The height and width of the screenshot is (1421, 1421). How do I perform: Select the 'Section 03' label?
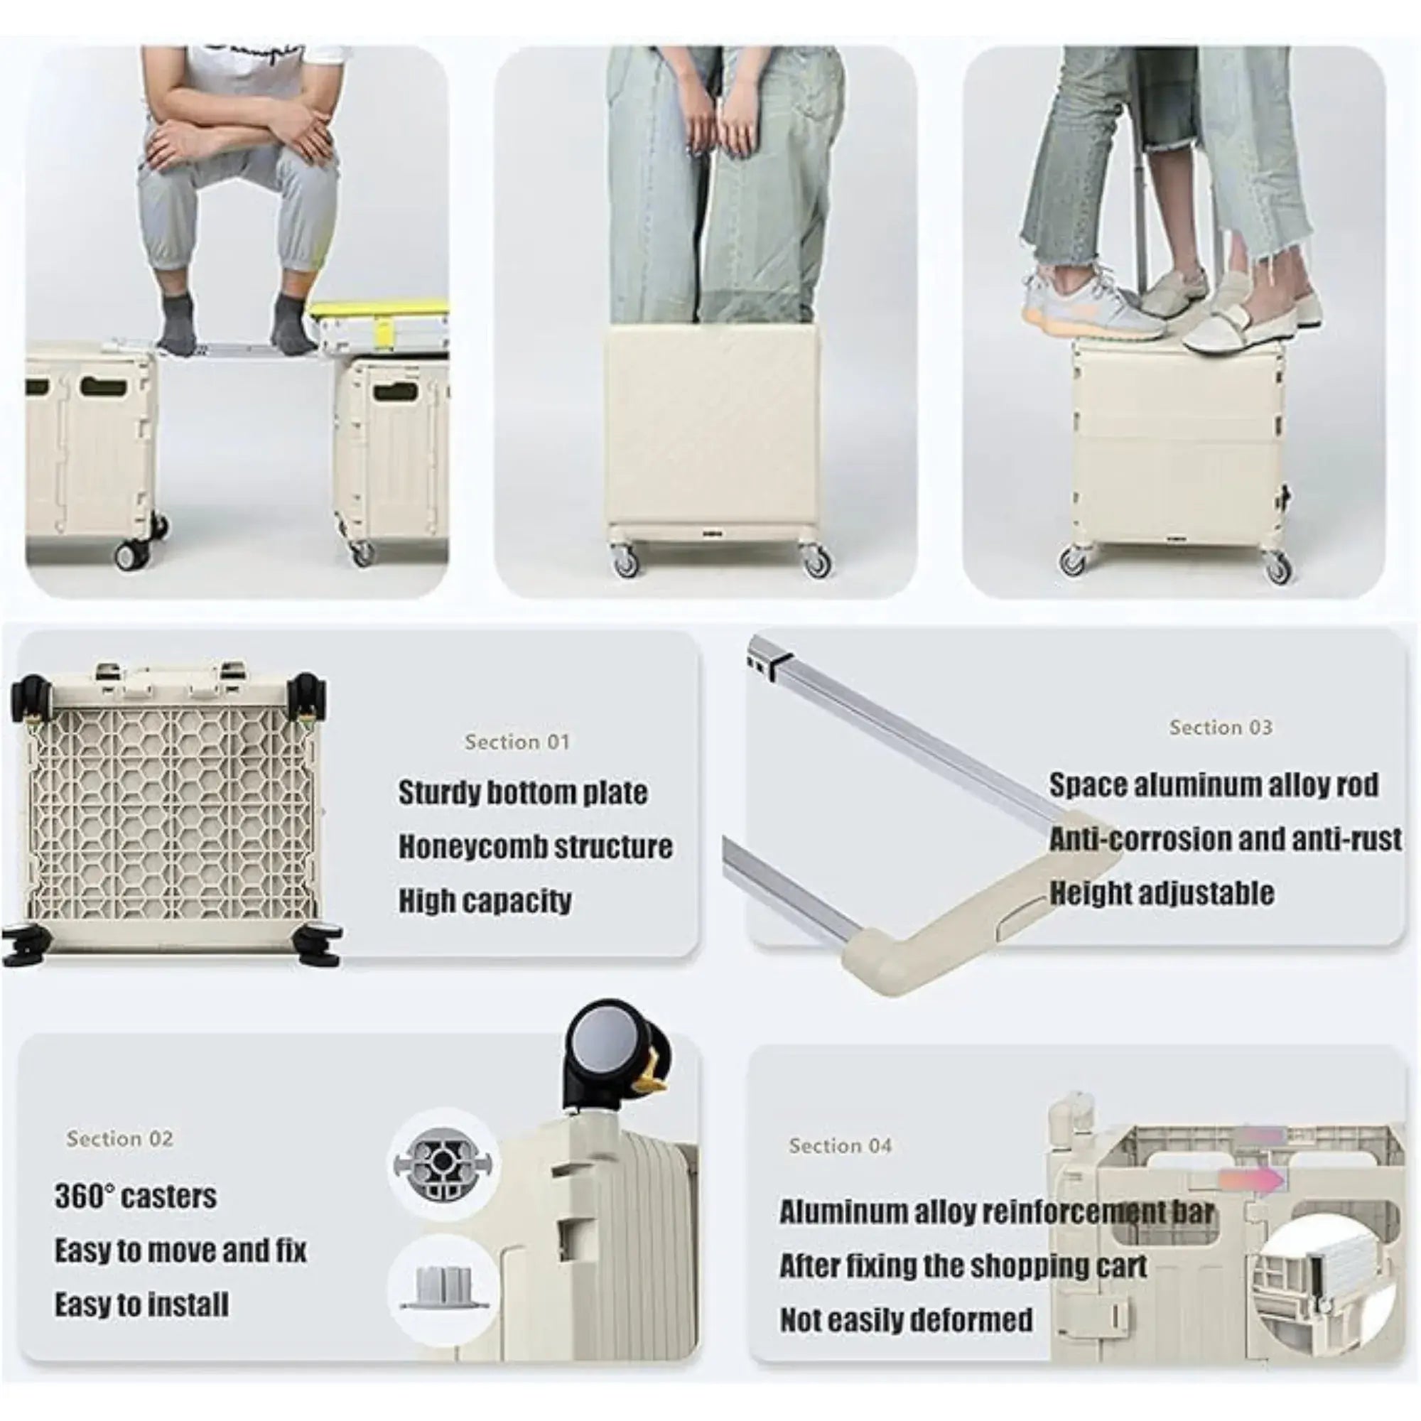coord(1221,728)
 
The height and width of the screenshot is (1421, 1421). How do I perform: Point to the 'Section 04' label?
coord(840,1145)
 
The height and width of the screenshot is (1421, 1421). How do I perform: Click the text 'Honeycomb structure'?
coord(536,847)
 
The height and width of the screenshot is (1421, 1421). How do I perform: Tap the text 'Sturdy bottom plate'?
coord(523,792)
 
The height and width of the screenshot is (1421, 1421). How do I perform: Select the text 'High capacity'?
coord(485,901)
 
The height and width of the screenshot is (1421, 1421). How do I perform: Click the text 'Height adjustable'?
coord(1162,893)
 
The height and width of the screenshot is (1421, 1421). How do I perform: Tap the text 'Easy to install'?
coord(141,1304)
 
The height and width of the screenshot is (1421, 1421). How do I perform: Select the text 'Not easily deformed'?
coord(906,1319)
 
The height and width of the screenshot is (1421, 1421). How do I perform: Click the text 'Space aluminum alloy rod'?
coord(1214,785)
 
